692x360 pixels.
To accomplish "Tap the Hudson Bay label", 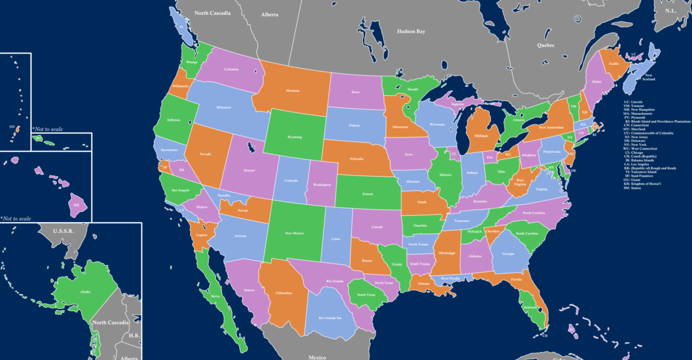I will pos(411,32).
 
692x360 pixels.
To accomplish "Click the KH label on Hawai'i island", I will pos(76,205).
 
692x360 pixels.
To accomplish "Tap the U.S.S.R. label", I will pos(64,231).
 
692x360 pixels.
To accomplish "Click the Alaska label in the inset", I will pos(85,292).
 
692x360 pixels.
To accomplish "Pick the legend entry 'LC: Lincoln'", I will pos(633,102).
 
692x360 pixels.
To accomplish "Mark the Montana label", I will pos(293,91).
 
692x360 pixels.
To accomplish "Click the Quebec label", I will pos(545,44).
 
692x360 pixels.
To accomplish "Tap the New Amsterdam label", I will pos(551,127).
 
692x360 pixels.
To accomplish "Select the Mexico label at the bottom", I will pos(317,357).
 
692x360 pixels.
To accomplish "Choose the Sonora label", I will pos(249,290).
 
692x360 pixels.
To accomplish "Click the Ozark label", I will pos(422,202).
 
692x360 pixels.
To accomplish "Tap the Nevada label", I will pos(206,154).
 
